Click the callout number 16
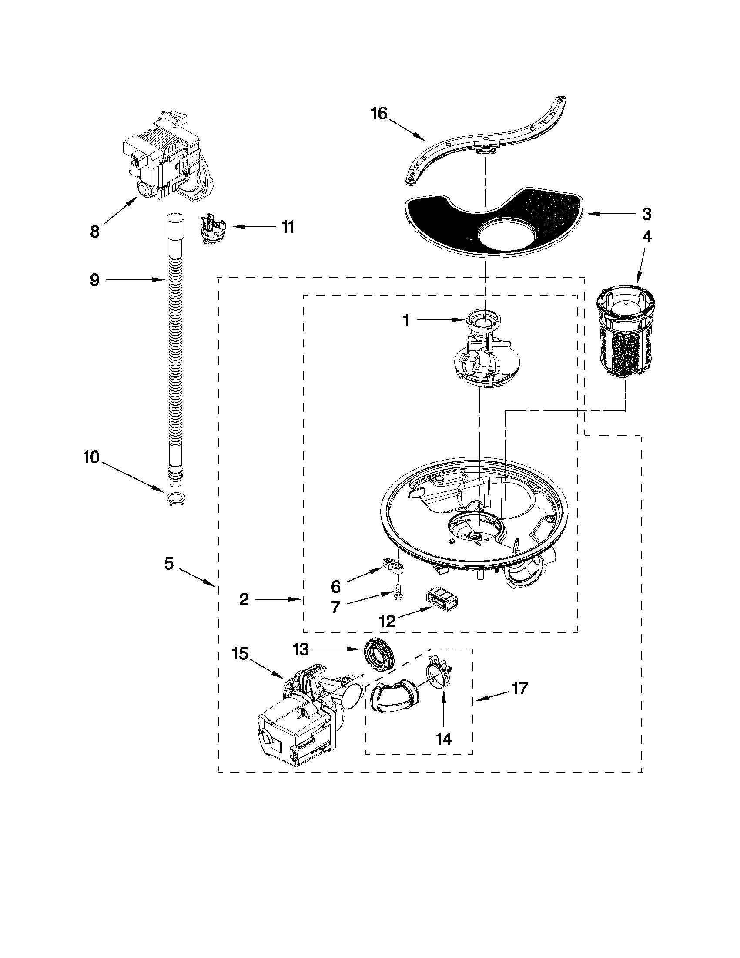pos(379,114)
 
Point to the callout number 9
pos(95,279)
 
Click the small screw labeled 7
pos(398,592)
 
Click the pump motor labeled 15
pos(298,719)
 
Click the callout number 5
pos(169,564)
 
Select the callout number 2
pos(244,599)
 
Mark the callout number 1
pos(406,321)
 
